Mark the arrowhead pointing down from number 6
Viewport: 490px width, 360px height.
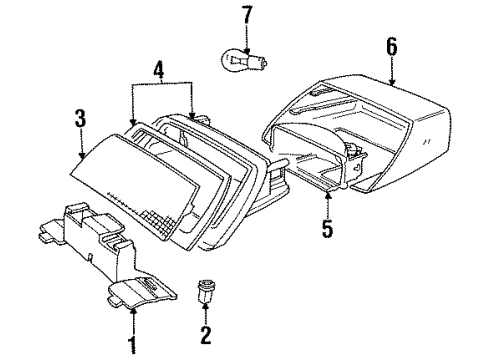[391, 82]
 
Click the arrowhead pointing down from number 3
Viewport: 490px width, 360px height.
[80, 157]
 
